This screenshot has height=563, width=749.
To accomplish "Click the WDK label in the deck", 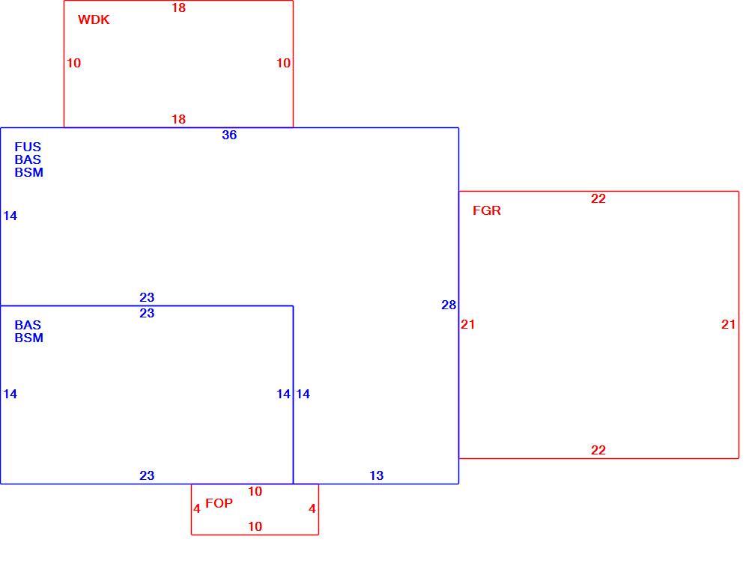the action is pyautogui.click(x=94, y=19).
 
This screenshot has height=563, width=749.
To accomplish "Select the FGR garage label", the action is pyautogui.click(x=487, y=210).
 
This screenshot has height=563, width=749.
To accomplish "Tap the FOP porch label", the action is pyautogui.click(x=219, y=503).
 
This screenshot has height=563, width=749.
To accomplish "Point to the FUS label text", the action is pyautogui.click(x=28, y=147).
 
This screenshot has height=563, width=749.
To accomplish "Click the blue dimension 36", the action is pyautogui.click(x=229, y=136).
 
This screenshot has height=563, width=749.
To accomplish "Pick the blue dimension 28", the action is pyautogui.click(x=449, y=305).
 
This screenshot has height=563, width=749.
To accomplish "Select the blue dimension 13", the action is pyautogui.click(x=377, y=475).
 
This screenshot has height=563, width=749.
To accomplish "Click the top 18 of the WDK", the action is pyautogui.click(x=179, y=8).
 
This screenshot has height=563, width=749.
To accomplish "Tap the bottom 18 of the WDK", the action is pyautogui.click(x=179, y=119).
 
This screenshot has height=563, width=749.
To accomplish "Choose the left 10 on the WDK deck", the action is pyautogui.click(x=73, y=63).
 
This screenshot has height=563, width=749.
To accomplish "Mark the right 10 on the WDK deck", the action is pyautogui.click(x=283, y=63).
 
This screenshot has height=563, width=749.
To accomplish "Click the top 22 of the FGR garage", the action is pyautogui.click(x=598, y=198).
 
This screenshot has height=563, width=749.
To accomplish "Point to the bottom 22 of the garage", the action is pyautogui.click(x=598, y=450).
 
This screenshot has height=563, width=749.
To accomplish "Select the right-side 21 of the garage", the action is pyautogui.click(x=729, y=325).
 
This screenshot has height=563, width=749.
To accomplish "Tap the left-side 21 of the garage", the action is pyautogui.click(x=467, y=325).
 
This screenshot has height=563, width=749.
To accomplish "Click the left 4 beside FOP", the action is pyautogui.click(x=197, y=509).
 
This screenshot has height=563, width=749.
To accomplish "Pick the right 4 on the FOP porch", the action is pyautogui.click(x=312, y=509).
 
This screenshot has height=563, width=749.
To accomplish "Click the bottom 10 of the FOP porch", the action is pyautogui.click(x=255, y=527).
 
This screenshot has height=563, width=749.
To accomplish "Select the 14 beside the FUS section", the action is pyautogui.click(x=10, y=216).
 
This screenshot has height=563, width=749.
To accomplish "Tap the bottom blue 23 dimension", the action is pyautogui.click(x=147, y=475).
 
